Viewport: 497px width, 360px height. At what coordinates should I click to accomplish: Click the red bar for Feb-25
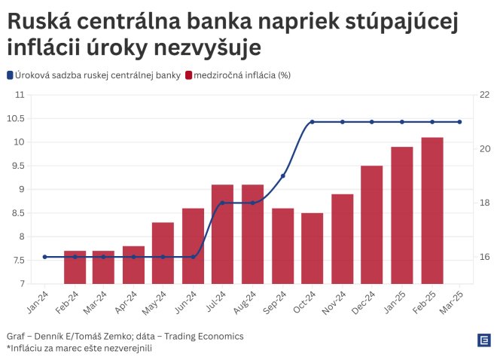432,211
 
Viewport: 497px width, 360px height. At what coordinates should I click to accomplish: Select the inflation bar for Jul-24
222,234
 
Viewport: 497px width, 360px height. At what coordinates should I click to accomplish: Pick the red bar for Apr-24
133,265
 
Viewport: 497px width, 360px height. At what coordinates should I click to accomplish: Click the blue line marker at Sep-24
283,175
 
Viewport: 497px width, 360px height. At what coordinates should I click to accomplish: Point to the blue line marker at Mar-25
459,122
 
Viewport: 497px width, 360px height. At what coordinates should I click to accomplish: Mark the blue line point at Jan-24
44,257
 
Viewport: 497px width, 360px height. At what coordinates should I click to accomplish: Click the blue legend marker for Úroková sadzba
10,75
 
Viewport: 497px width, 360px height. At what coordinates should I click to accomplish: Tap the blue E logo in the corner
483,340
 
